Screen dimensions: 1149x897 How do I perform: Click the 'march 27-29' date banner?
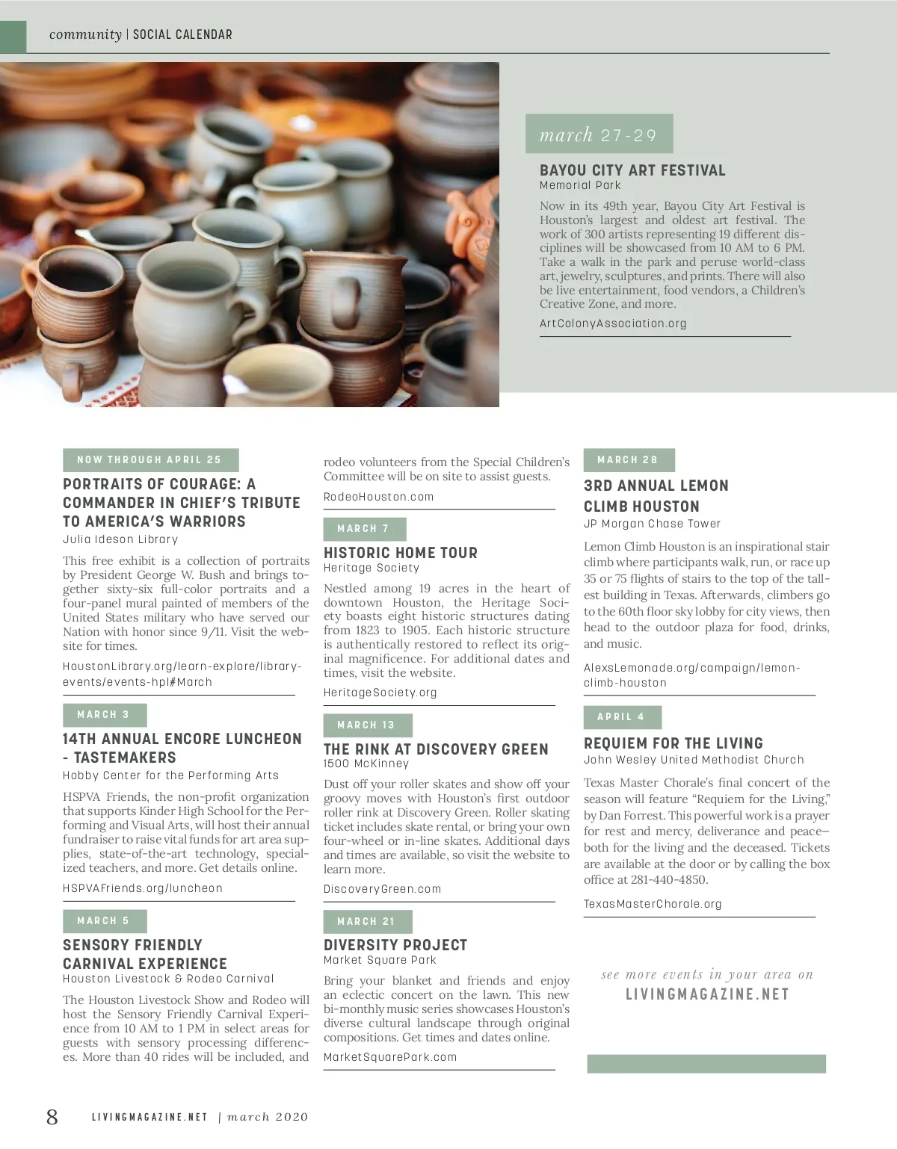click(x=599, y=134)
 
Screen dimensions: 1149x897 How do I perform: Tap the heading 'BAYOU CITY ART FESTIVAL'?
click(x=632, y=170)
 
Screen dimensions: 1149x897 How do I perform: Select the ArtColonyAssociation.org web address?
click(x=613, y=323)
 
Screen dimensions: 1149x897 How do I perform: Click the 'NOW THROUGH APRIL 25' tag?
click(x=149, y=460)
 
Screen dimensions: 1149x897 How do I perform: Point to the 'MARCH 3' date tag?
click(x=104, y=715)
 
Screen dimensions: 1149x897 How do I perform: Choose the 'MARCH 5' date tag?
click(x=104, y=921)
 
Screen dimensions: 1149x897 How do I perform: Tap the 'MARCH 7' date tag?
click(x=364, y=529)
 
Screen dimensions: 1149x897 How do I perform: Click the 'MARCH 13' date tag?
click(x=367, y=725)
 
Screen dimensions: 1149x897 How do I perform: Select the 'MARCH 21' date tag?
click(x=367, y=922)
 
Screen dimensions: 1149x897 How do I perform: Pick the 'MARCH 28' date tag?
click(x=629, y=460)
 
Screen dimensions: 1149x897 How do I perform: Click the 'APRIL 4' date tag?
click(x=622, y=717)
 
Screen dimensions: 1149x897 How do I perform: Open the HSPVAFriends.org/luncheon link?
click(x=143, y=888)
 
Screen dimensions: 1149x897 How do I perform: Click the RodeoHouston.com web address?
click(x=378, y=497)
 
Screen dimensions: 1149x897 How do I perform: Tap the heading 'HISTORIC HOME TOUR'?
click(x=401, y=553)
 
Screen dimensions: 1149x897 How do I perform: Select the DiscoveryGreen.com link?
click(x=382, y=889)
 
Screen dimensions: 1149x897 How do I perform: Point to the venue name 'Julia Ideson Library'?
click(x=120, y=539)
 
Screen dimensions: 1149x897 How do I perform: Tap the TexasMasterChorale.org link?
click(x=653, y=904)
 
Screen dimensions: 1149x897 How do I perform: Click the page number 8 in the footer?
click(x=52, y=1117)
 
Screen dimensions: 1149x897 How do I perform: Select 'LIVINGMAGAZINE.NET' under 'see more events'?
click(x=707, y=994)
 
